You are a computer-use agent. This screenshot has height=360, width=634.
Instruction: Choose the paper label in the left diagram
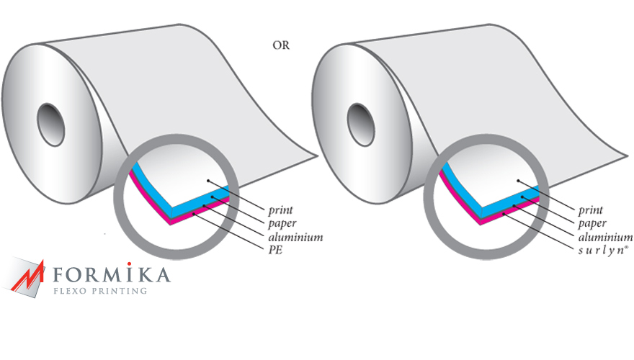click(x=282, y=224)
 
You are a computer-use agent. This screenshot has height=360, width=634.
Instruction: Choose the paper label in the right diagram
click(x=592, y=224)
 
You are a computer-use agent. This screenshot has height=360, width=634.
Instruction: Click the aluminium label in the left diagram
click(x=295, y=237)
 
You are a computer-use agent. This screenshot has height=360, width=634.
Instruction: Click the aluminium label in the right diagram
click(x=605, y=237)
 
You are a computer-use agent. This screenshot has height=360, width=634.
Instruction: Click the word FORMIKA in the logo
click(x=112, y=274)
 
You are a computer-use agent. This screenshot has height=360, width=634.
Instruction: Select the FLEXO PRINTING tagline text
click(x=101, y=291)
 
